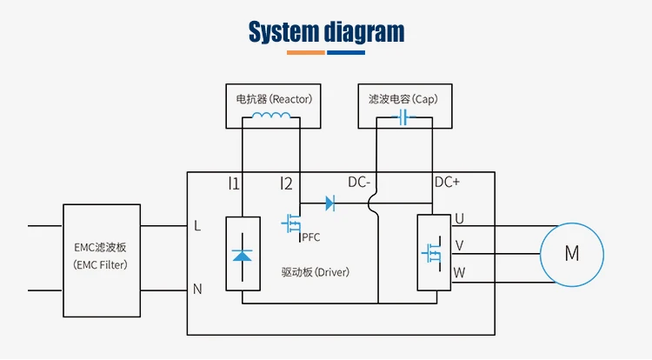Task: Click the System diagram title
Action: click(326, 32)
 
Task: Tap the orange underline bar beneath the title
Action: click(306, 52)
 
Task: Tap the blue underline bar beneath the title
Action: click(345, 52)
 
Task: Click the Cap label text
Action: click(403, 98)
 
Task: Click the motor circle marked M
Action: click(572, 254)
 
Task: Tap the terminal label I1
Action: click(234, 183)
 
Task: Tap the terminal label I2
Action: click(286, 183)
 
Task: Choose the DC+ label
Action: click(447, 183)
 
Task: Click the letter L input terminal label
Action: click(197, 226)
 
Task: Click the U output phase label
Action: click(459, 218)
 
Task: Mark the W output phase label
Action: click(459, 273)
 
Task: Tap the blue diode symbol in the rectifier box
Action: click(242, 255)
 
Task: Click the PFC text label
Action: click(311, 237)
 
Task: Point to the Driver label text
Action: click(315, 272)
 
